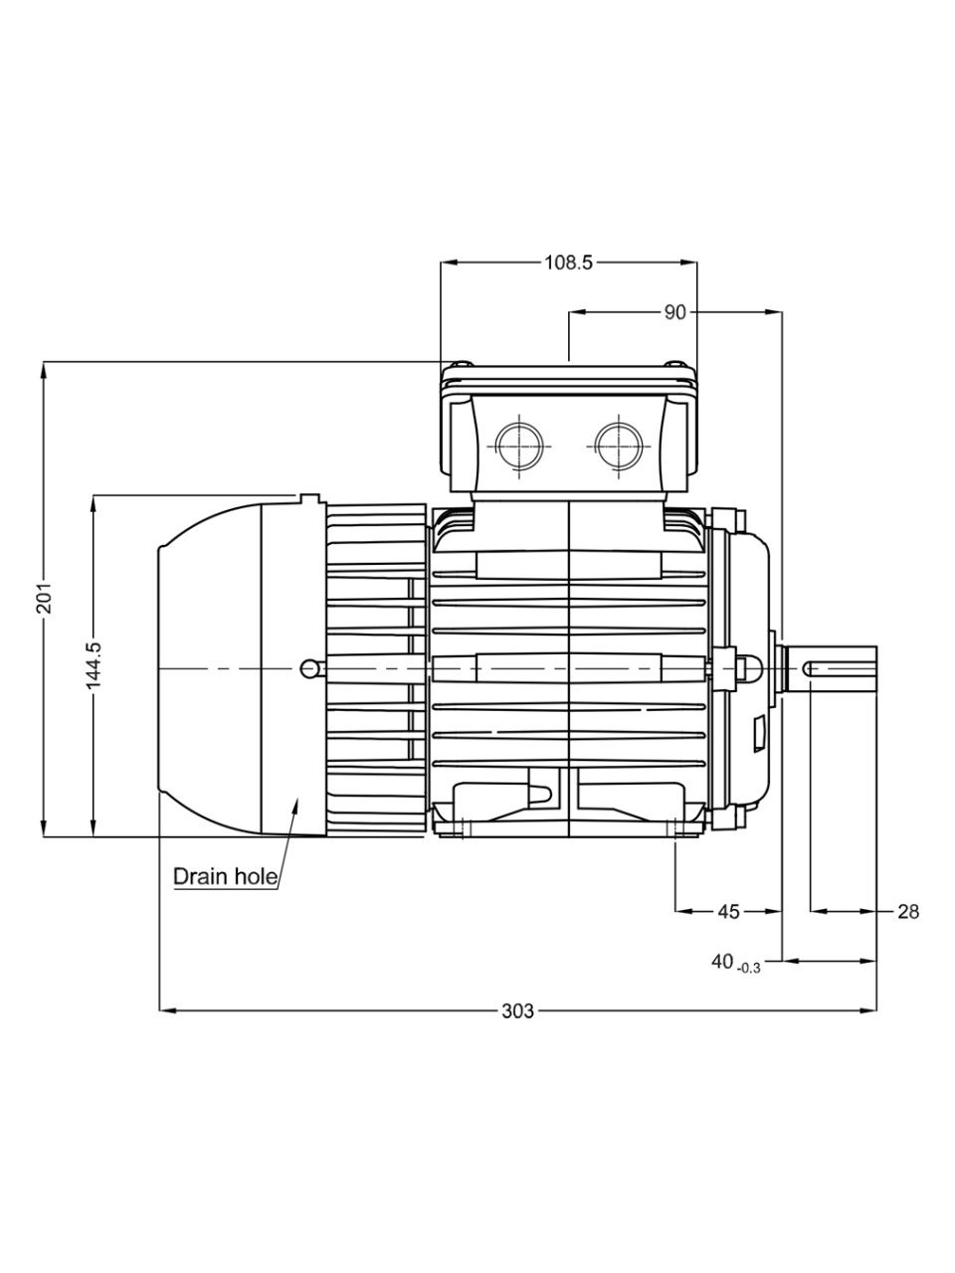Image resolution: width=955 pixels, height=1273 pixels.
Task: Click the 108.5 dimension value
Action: (x=568, y=263)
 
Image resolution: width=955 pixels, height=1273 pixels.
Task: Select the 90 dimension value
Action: (x=674, y=312)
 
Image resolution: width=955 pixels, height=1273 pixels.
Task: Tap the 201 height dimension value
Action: (x=45, y=598)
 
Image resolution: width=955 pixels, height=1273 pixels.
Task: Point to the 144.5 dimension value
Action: (x=94, y=665)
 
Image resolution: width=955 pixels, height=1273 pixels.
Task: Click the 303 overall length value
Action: (x=517, y=1010)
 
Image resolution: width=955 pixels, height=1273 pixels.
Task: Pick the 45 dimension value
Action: (x=729, y=912)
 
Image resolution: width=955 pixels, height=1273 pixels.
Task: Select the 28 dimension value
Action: (x=908, y=912)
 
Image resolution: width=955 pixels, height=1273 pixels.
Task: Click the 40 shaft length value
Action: (x=722, y=961)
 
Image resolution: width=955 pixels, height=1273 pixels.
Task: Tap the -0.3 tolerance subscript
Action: (x=748, y=968)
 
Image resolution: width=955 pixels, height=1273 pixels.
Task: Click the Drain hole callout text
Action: (x=226, y=876)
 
